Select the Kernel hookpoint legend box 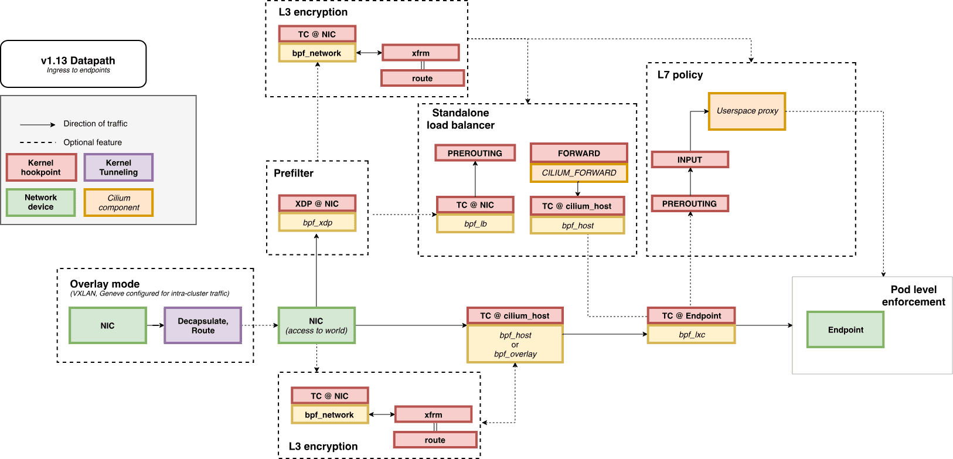tap(41, 168)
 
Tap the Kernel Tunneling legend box tap(118, 168)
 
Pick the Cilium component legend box tap(118, 203)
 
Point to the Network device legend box tap(41, 202)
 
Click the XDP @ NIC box tap(317, 204)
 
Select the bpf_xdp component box tap(317, 223)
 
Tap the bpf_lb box tap(475, 224)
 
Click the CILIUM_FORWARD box tap(578, 173)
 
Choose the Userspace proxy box tap(747, 111)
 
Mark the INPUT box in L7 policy tap(690, 159)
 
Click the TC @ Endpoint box tap(691, 316)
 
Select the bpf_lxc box tap(691, 335)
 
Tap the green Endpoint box tap(845, 330)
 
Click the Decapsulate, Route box tap(203, 326)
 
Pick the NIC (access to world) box tap(316, 326)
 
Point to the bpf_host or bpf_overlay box tap(515, 345)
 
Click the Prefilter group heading tap(294, 173)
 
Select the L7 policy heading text tap(680, 75)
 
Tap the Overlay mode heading tap(105, 284)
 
